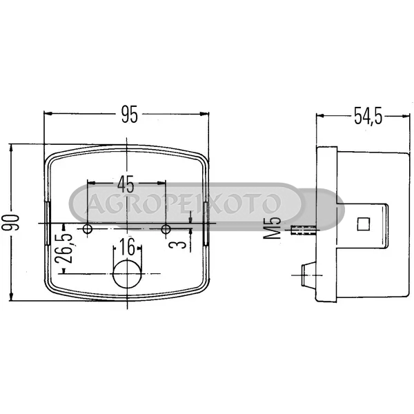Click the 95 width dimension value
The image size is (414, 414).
(130, 115)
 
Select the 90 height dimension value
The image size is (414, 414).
(12, 223)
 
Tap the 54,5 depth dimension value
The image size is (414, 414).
(368, 116)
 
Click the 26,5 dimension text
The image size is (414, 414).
(65, 248)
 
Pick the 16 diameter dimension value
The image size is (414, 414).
(127, 246)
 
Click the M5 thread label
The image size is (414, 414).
(273, 227)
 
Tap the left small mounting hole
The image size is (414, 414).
(88, 229)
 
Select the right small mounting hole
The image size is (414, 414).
(166, 229)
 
